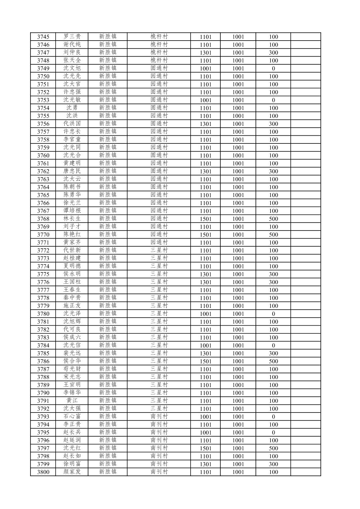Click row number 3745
[43, 37]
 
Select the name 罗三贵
[72, 37]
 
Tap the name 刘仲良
[72, 53]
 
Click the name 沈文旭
[72, 68]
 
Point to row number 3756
[43, 124]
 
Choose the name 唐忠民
[72, 171]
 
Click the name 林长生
[72, 219]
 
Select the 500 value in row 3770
[273, 235]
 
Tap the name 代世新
[72, 250]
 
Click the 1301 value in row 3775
[206, 274]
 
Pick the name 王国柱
[72, 282]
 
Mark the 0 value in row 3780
[273, 314]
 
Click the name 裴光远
[72, 353]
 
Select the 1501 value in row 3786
[206, 361]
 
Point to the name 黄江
[72, 401]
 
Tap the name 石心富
[72, 417]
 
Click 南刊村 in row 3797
[159, 448]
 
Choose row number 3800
[43, 472]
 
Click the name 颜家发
[72, 472]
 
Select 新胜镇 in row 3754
[108, 108]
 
